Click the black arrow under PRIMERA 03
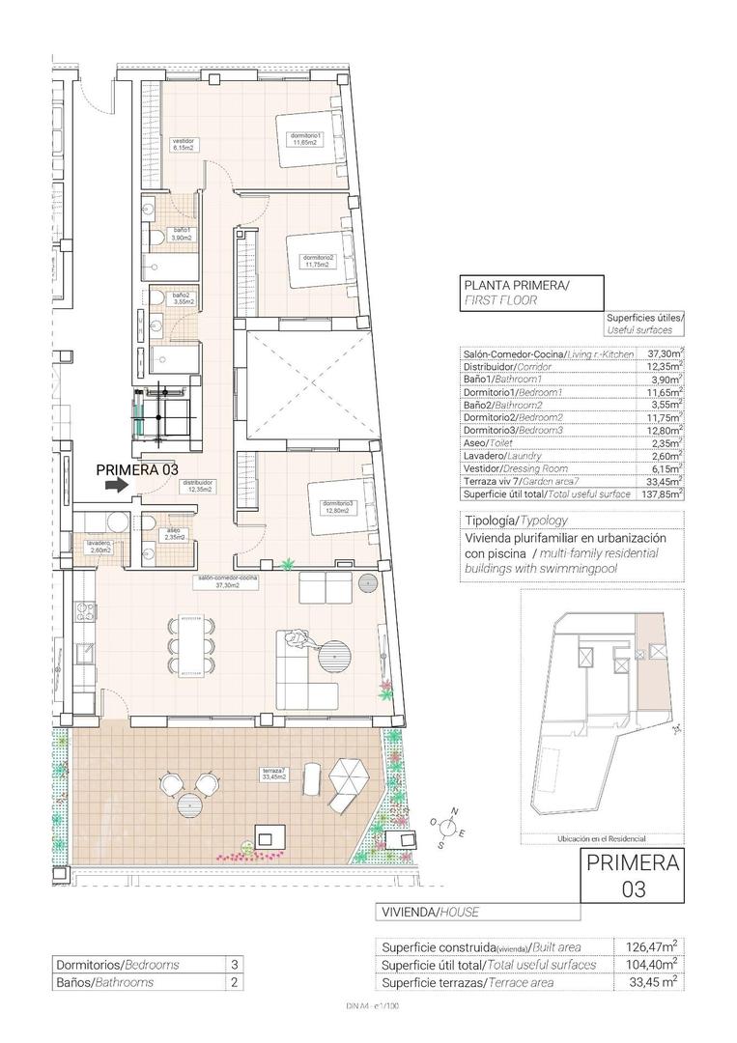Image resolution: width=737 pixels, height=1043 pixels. point(115,487)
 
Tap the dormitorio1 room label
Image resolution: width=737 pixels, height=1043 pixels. point(305,139)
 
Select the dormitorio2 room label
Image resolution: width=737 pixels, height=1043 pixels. point(317,261)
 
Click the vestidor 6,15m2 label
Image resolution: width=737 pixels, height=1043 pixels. point(184,145)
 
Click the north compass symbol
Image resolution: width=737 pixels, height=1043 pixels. point(449,826)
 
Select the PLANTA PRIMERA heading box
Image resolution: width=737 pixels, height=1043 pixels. point(531,292)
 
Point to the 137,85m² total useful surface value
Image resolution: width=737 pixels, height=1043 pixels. point(666,493)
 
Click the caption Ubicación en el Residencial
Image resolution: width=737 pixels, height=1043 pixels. point(600,839)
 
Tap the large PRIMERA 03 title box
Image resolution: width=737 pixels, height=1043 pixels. point(633,875)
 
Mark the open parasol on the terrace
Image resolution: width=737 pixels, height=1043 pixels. point(348,773)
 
